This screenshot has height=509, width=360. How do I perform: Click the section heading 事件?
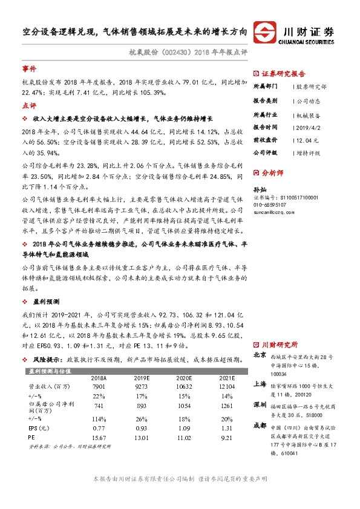tap(29, 69)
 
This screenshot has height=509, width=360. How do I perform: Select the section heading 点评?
tap(29, 105)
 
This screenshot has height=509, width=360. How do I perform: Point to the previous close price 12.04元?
tap(307, 140)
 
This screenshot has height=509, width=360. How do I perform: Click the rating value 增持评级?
tap(310, 153)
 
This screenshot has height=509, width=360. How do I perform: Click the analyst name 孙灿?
tap(259, 189)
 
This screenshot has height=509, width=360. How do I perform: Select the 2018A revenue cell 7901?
tap(99, 386)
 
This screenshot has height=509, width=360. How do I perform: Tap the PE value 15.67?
tap(99, 438)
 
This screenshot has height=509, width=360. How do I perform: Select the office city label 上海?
tap(260, 383)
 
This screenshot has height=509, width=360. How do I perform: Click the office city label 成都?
tap(260, 425)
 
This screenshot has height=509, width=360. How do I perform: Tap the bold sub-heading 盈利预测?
tap(45, 300)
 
